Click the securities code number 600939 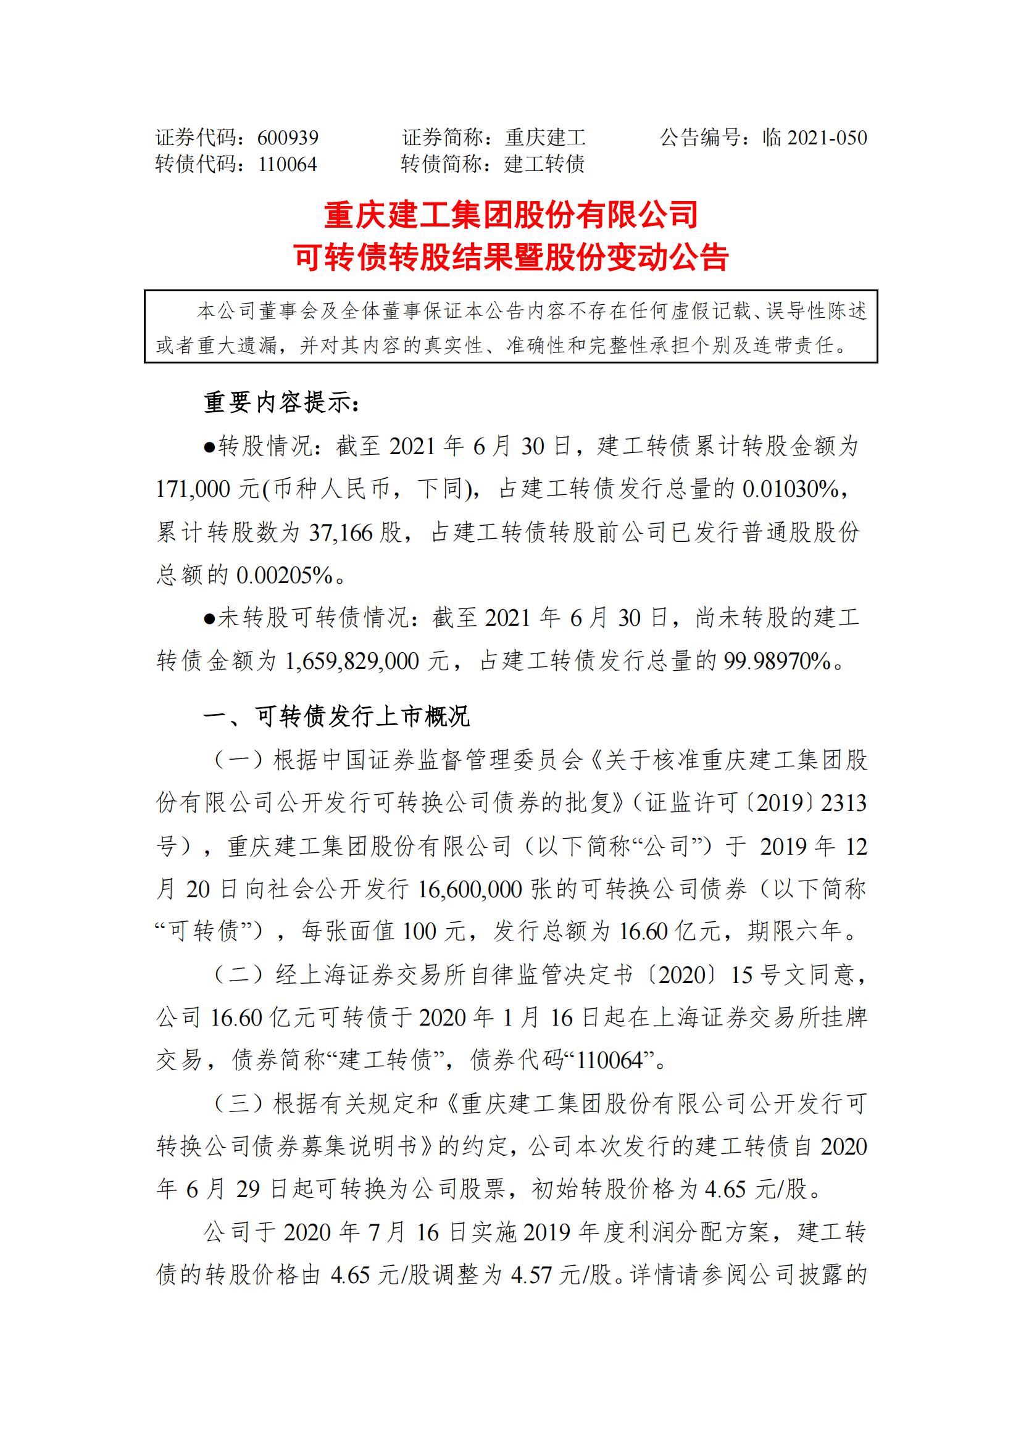pyautogui.click(x=288, y=138)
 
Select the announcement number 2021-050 pyautogui.click(x=827, y=138)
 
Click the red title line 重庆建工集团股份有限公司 pyautogui.click(x=511, y=215)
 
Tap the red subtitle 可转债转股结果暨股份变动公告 pyautogui.click(x=511, y=257)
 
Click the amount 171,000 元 pyautogui.click(x=207, y=489)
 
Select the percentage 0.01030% pyautogui.click(x=791, y=489)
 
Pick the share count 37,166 pyautogui.click(x=341, y=533)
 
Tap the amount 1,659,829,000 pyautogui.click(x=352, y=661)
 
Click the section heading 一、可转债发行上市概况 pyautogui.click(x=336, y=716)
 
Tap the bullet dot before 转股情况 pyautogui.click(x=209, y=447)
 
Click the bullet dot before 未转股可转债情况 pyautogui.click(x=209, y=618)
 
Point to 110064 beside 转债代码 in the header pyautogui.click(x=288, y=165)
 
